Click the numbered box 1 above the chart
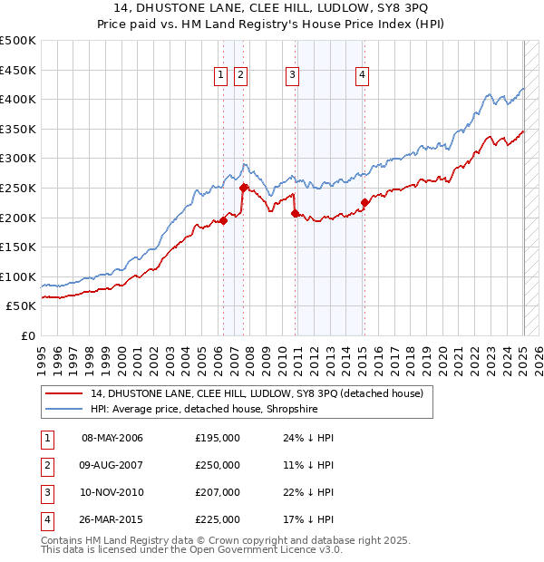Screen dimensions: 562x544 tap(221, 75)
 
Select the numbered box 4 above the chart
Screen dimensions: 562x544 tap(362, 75)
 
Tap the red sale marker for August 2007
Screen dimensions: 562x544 tap(243, 188)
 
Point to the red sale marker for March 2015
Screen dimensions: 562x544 tap(364, 202)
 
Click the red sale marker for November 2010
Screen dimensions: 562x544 tap(295, 213)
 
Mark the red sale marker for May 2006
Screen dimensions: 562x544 tap(223, 220)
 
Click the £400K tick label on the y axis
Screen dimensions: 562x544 tap(18, 100)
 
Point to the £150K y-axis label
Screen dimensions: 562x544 tap(18, 247)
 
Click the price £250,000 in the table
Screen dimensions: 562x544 tap(218, 465)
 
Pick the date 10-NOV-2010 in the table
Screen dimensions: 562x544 tap(112, 492)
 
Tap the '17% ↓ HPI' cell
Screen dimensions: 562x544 tap(308, 519)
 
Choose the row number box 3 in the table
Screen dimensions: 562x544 tap(46, 492)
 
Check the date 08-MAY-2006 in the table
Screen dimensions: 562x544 tap(112, 438)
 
